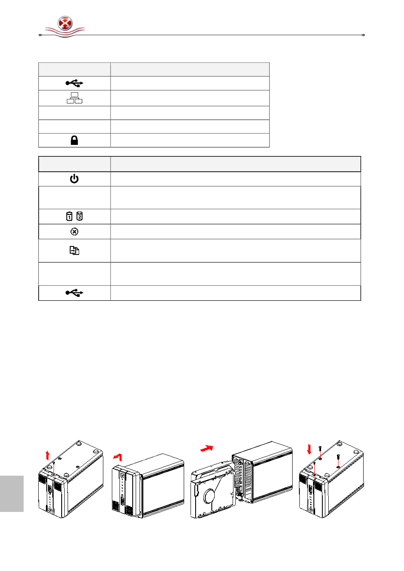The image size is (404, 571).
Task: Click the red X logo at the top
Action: pos(65,23)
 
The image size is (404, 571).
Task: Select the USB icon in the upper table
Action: pos(74,83)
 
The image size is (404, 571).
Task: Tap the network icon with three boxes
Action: pos(74,98)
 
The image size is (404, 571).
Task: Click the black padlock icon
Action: pos(74,140)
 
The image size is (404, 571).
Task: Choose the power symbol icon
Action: pos(74,179)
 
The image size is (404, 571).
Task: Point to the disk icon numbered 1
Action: pos(69,217)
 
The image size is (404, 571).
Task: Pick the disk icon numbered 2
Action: pos(80,216)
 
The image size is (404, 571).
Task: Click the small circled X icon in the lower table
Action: pos(74,232)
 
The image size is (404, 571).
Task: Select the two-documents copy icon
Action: pos(74,251)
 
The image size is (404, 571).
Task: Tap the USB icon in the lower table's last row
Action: pos(74,293)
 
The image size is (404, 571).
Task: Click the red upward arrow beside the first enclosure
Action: pos(48,455)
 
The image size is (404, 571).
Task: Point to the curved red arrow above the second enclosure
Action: pos(118,457)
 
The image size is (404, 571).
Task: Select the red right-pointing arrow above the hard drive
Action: pos(207,449)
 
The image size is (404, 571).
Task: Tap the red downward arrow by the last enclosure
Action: pos(309,449)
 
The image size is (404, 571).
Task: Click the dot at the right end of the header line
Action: pos(363,35)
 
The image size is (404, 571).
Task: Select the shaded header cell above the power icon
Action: pos(74,164)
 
